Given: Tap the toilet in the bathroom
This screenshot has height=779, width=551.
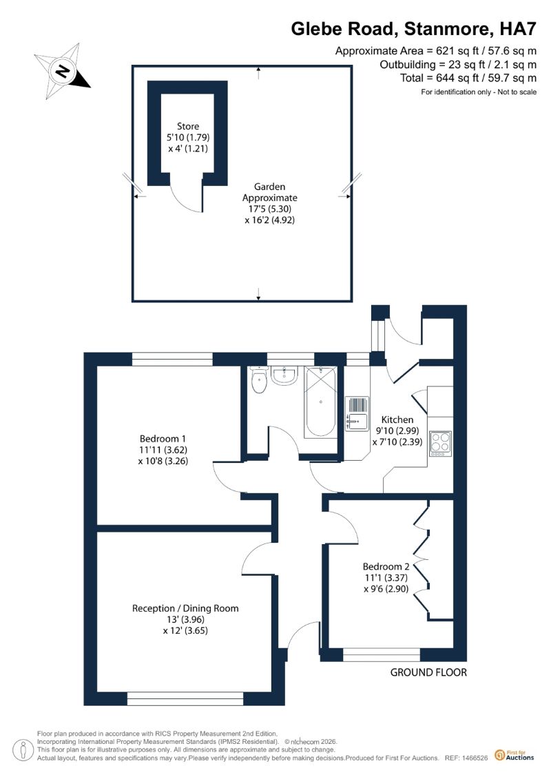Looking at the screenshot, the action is coord(259,381).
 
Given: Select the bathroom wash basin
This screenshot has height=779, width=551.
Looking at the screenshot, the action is coord(284,375).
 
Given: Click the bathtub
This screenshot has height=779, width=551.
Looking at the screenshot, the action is coord(320,402).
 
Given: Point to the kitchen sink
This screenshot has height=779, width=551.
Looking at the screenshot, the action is coord(356,415).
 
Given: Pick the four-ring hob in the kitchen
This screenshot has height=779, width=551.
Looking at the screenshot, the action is coord(440,444).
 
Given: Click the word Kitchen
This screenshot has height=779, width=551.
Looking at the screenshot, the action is coord(397,419).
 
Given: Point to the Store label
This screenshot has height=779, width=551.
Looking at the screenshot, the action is coord(188,126).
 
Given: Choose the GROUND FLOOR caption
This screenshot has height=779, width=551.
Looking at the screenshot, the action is coord(428,672).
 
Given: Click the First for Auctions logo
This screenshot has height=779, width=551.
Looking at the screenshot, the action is coord(514,756).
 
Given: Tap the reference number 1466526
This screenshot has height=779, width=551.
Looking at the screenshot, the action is coord(474,758).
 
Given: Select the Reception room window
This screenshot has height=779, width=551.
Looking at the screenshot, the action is coord(185,699).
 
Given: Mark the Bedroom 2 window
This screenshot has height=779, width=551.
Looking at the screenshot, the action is coord(382,655).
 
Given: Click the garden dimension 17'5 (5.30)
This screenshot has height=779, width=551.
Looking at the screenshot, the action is coord(270,209).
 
